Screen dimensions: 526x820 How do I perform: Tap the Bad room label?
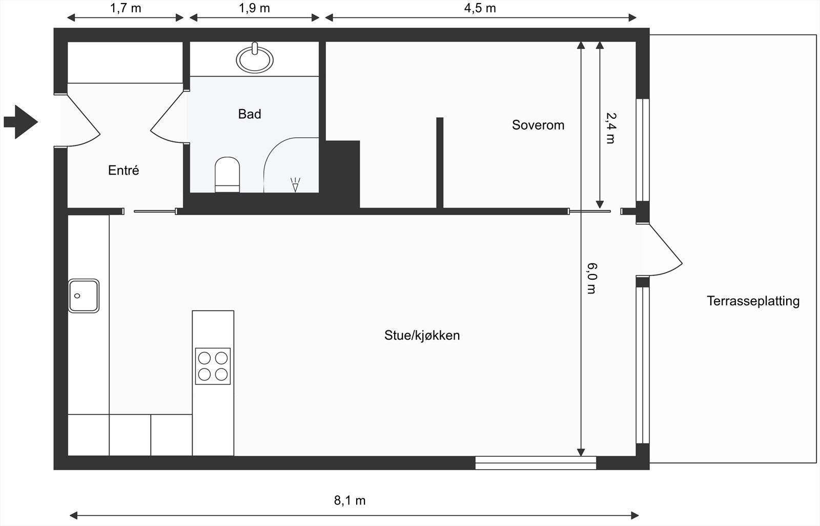tap(250, 114)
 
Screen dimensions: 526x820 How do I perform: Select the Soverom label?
tap(538, 125)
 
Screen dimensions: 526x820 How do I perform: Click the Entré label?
tap(124, 171)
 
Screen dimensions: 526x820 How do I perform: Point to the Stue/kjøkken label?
tap(422, 335)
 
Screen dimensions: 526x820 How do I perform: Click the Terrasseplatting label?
tap(752, 301)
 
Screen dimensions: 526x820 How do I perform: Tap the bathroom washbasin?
tap(254, 59)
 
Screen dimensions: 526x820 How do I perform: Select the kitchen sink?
tap(84, 296)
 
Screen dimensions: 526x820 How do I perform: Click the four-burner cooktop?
tap(213, 366)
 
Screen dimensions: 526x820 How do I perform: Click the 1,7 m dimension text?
tap(126, 8)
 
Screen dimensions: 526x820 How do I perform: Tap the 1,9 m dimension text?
tap(254, 8)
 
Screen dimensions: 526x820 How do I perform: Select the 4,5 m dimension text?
tap(480, 8)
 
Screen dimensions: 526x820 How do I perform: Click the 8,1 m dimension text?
tap(350, 500)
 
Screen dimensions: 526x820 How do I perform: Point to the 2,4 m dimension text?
tap(610, 128)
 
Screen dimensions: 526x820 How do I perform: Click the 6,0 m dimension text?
tap(591, 278)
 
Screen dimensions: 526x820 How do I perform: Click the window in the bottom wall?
tap(536, 462)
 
